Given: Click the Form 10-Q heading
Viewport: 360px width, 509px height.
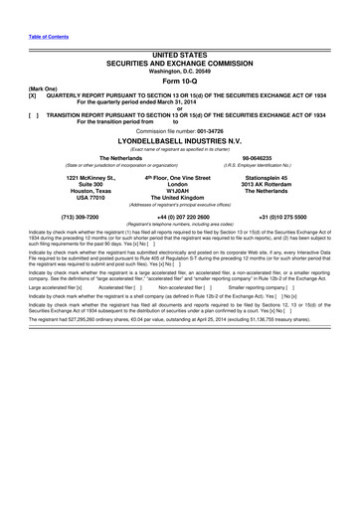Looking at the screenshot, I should [x=179, y=82].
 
